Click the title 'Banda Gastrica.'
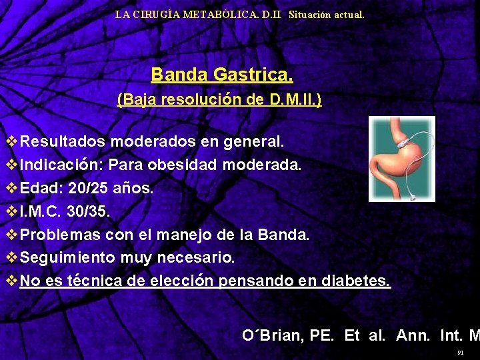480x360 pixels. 221,74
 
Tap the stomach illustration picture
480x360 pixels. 401,159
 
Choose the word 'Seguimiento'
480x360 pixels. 71,258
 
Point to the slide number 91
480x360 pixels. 460,352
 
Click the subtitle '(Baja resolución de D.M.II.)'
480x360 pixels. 219,100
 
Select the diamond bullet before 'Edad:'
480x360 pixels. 11,188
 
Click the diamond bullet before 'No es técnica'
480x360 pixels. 11,281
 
